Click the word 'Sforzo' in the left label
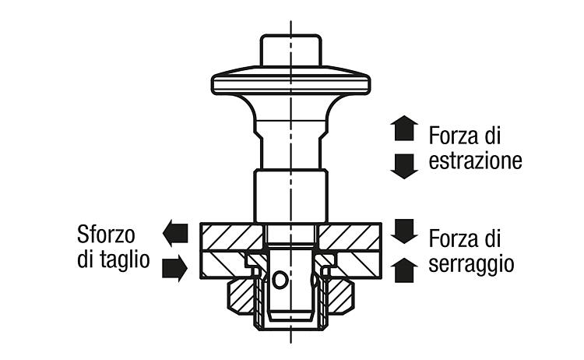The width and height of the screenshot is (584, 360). (106, 235)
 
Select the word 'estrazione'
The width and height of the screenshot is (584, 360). (475, 161)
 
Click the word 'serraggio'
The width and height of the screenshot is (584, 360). (471, 264)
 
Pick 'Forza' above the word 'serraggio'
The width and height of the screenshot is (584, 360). (453, 238)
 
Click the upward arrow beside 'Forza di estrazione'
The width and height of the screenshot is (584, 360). (404, 128)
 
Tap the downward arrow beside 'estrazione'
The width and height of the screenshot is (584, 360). (404, 166)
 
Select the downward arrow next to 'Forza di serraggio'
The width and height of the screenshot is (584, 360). (404, 231)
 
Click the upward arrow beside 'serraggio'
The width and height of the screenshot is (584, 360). (404, 270)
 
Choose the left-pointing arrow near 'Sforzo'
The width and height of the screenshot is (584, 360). (175, 233)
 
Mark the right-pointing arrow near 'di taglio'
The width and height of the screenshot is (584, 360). (174, 268)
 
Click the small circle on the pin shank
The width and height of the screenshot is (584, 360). (280, 280)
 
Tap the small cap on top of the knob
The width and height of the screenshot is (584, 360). (291, 51)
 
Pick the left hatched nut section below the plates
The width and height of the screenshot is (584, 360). (241, 297)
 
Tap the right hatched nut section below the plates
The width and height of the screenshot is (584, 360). (339, 297)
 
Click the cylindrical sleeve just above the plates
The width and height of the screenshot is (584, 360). (291, 196)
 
